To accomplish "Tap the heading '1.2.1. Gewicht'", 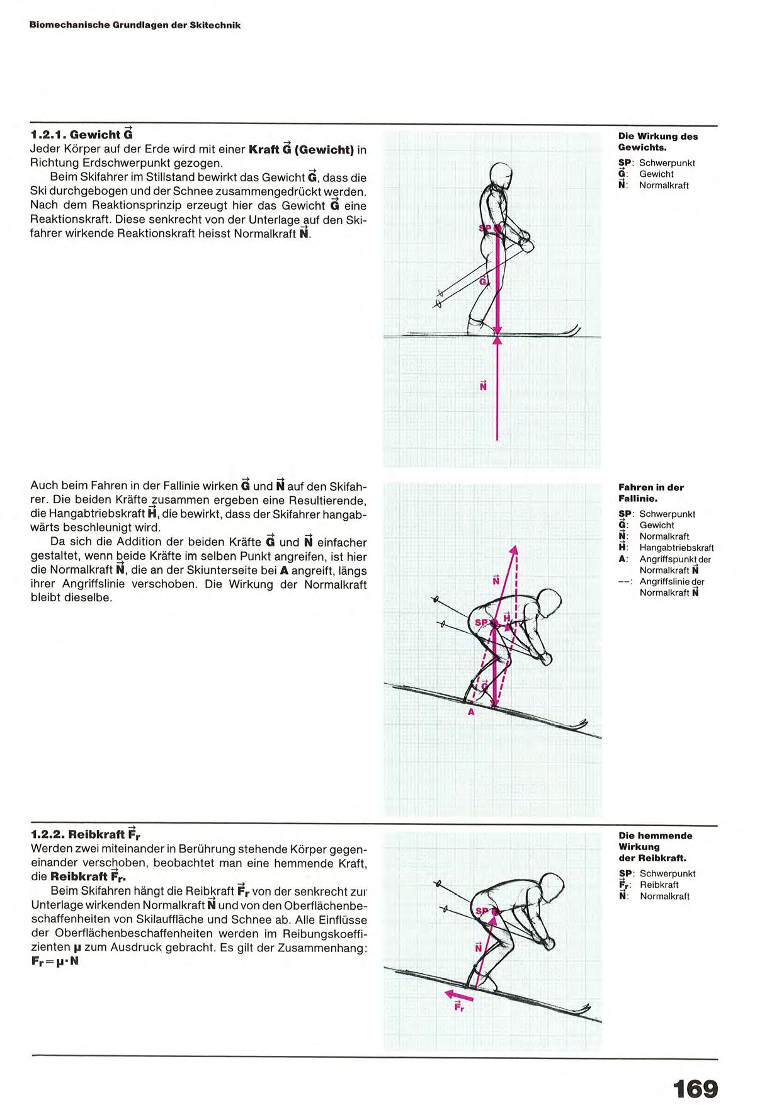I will pyautogui.click(x=81, y=134).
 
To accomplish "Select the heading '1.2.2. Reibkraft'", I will pyautogui.click(x=85, y=834).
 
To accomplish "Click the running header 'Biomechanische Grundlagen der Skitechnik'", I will pyautogui.click(x=135, y=25).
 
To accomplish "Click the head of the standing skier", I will pyautogui.click(x=501, y=174).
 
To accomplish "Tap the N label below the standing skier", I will pyautogui.click(x=483, y=385).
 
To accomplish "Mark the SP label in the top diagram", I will pyautogui.click(x=484, y=228).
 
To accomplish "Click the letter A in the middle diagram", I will pyautogui.click(x=470, y=711).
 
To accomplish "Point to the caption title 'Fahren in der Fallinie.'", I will pyautogui.click(x=650, y=492).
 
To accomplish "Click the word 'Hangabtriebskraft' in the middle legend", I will pyautogui.click(x=676, y=548).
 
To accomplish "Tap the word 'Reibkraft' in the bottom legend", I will pyautogui.click(x=659, y=885).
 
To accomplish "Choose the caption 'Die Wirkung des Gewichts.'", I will pyautogui.click(x=657, y=142).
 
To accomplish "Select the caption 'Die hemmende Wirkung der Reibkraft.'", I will pyautogui.click(x=655, y=846).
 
